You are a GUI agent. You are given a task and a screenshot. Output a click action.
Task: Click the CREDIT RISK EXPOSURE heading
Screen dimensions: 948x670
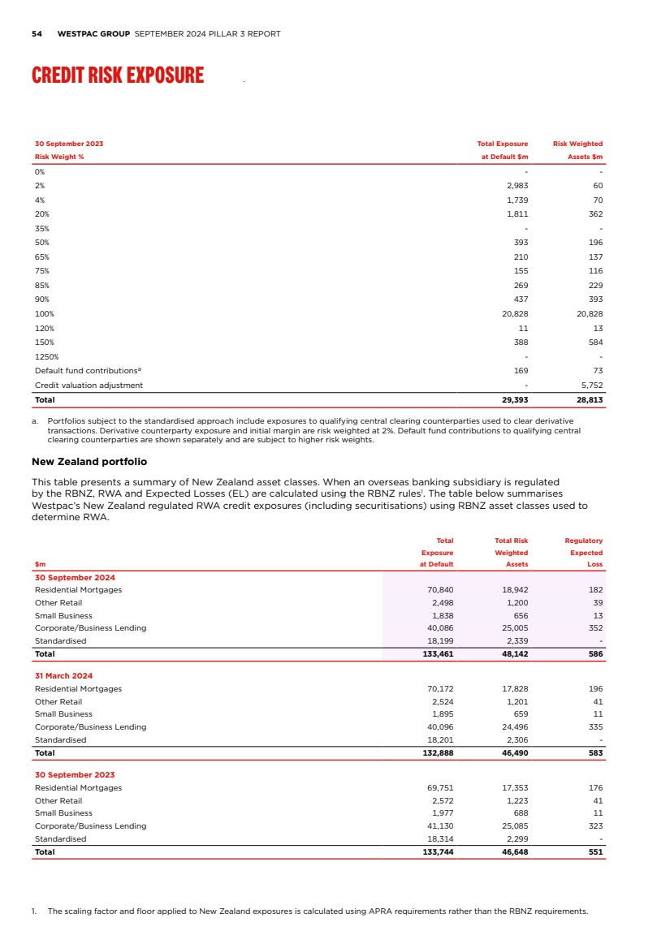(x=118, y=75)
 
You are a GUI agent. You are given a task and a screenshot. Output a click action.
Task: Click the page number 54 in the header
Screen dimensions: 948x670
(x=37, y=34)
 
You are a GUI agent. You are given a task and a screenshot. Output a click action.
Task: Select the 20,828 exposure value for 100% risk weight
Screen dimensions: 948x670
(x=512, y=313)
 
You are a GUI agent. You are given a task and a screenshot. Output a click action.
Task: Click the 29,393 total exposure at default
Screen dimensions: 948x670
(x=512, y=400)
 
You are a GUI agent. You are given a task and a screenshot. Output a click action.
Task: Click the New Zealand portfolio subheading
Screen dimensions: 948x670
(x=89, y=461)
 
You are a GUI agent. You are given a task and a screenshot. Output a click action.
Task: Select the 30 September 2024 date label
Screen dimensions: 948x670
(x=75, y=577)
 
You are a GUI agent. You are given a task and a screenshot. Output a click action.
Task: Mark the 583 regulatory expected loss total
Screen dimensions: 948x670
(x=595, y=752)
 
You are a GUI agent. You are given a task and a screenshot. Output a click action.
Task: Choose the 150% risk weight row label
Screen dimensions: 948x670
(x=44, y=342)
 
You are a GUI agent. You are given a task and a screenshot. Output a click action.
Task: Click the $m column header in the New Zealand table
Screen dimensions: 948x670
(x=41, y=564)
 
